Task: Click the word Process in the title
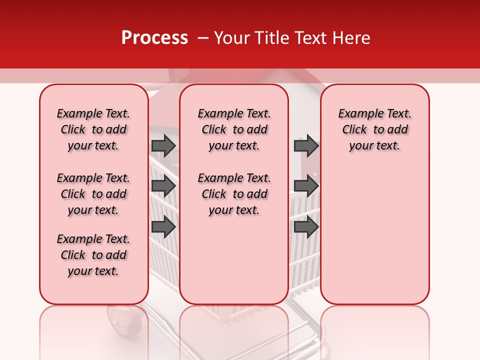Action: (154, 38)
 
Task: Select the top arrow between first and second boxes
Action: (163, 145)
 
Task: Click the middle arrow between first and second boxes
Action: (163, 186)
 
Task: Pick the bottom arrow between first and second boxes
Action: (163, 227)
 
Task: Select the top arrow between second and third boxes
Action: (306, 145)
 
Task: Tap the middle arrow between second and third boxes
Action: (306, 186)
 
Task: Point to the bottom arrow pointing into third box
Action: (306, 227)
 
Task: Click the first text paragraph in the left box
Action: (93, 129)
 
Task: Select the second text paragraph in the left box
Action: (93, 194)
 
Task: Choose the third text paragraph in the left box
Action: (93, 255)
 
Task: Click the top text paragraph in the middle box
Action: (234, 129)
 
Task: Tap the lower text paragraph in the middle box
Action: (234, 194)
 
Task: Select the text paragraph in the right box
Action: (374, 129)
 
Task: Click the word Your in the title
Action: (231, 38)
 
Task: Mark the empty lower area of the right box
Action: (374, 235)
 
